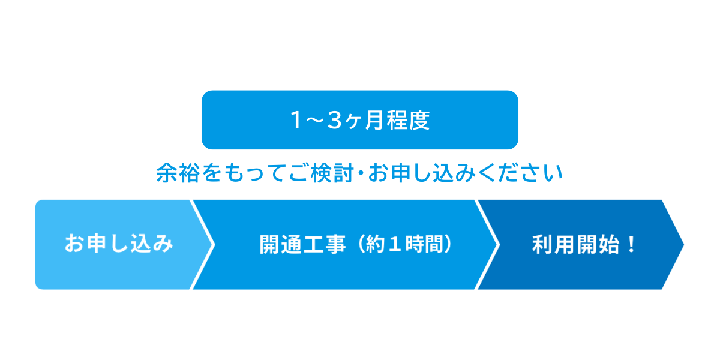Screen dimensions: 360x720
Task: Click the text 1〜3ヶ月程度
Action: (360, 121)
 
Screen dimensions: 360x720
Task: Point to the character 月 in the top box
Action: (373, 121)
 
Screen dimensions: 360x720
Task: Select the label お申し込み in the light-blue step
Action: (119, 244)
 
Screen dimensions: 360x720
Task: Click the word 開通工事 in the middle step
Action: (302, 244)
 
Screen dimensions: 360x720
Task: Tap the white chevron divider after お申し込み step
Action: (203, 244)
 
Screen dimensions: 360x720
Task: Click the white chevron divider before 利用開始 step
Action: (487, 244)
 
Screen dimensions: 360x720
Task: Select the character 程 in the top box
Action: (397, 121)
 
